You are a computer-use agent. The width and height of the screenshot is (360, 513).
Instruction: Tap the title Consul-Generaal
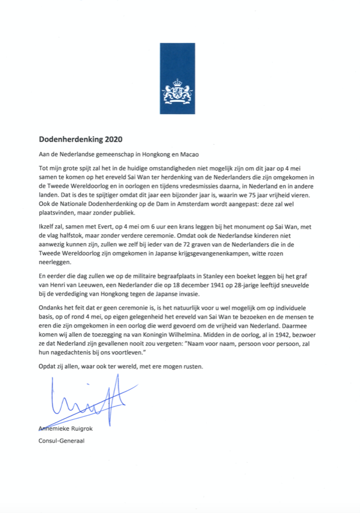[x=61, y=440]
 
